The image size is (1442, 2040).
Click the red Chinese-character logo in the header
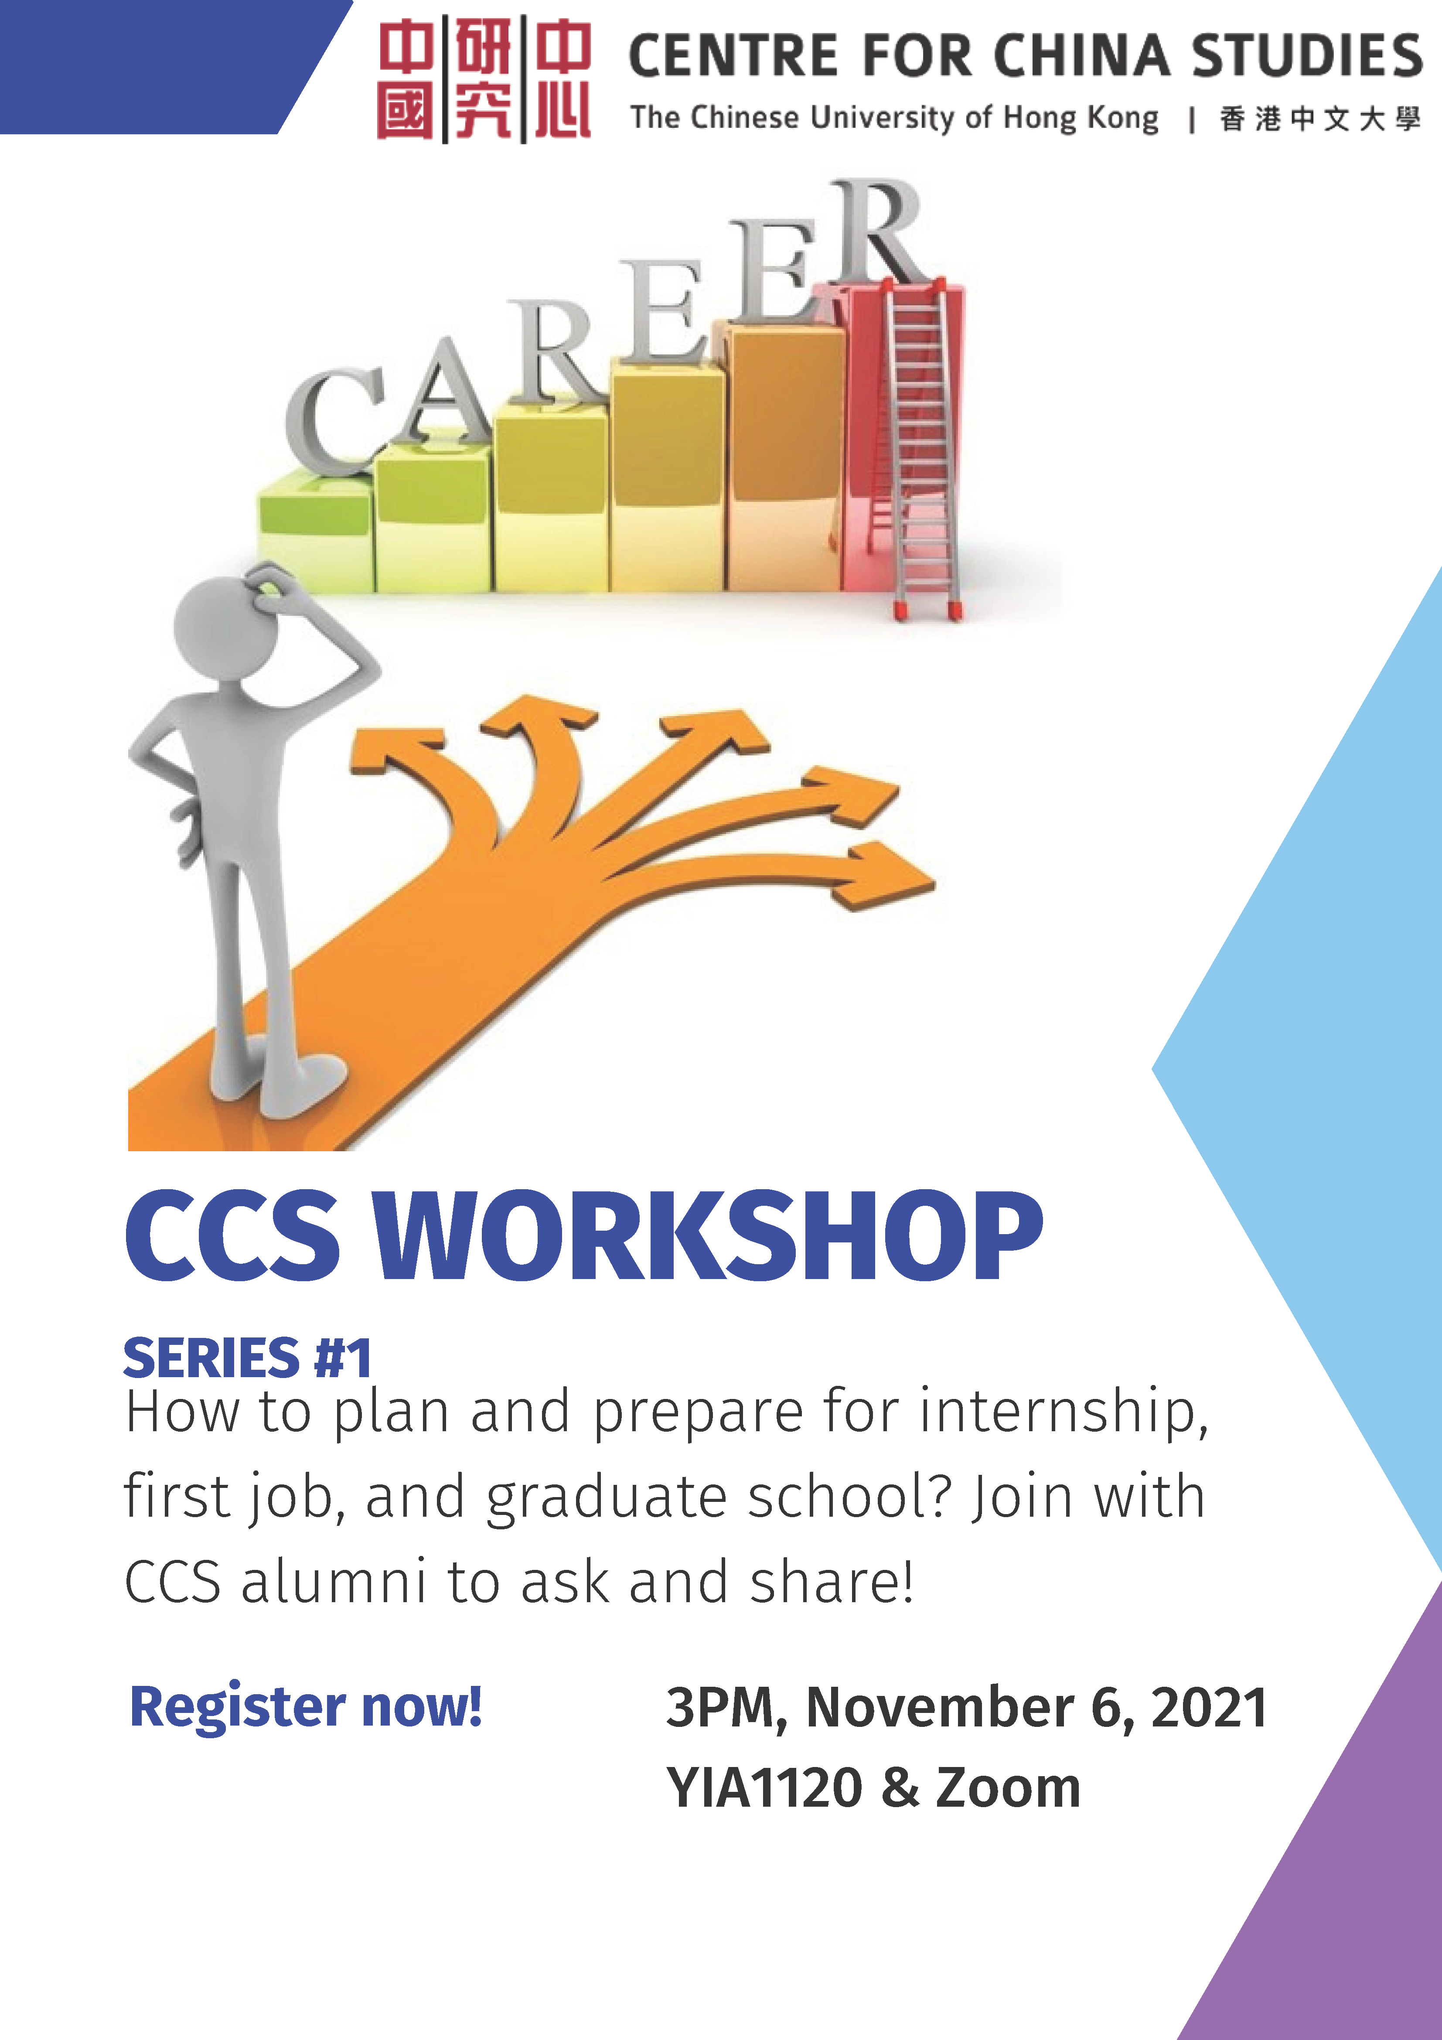484,80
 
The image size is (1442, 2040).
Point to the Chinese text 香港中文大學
1319,118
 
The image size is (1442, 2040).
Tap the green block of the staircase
315,533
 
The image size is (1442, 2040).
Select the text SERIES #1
247,1358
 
